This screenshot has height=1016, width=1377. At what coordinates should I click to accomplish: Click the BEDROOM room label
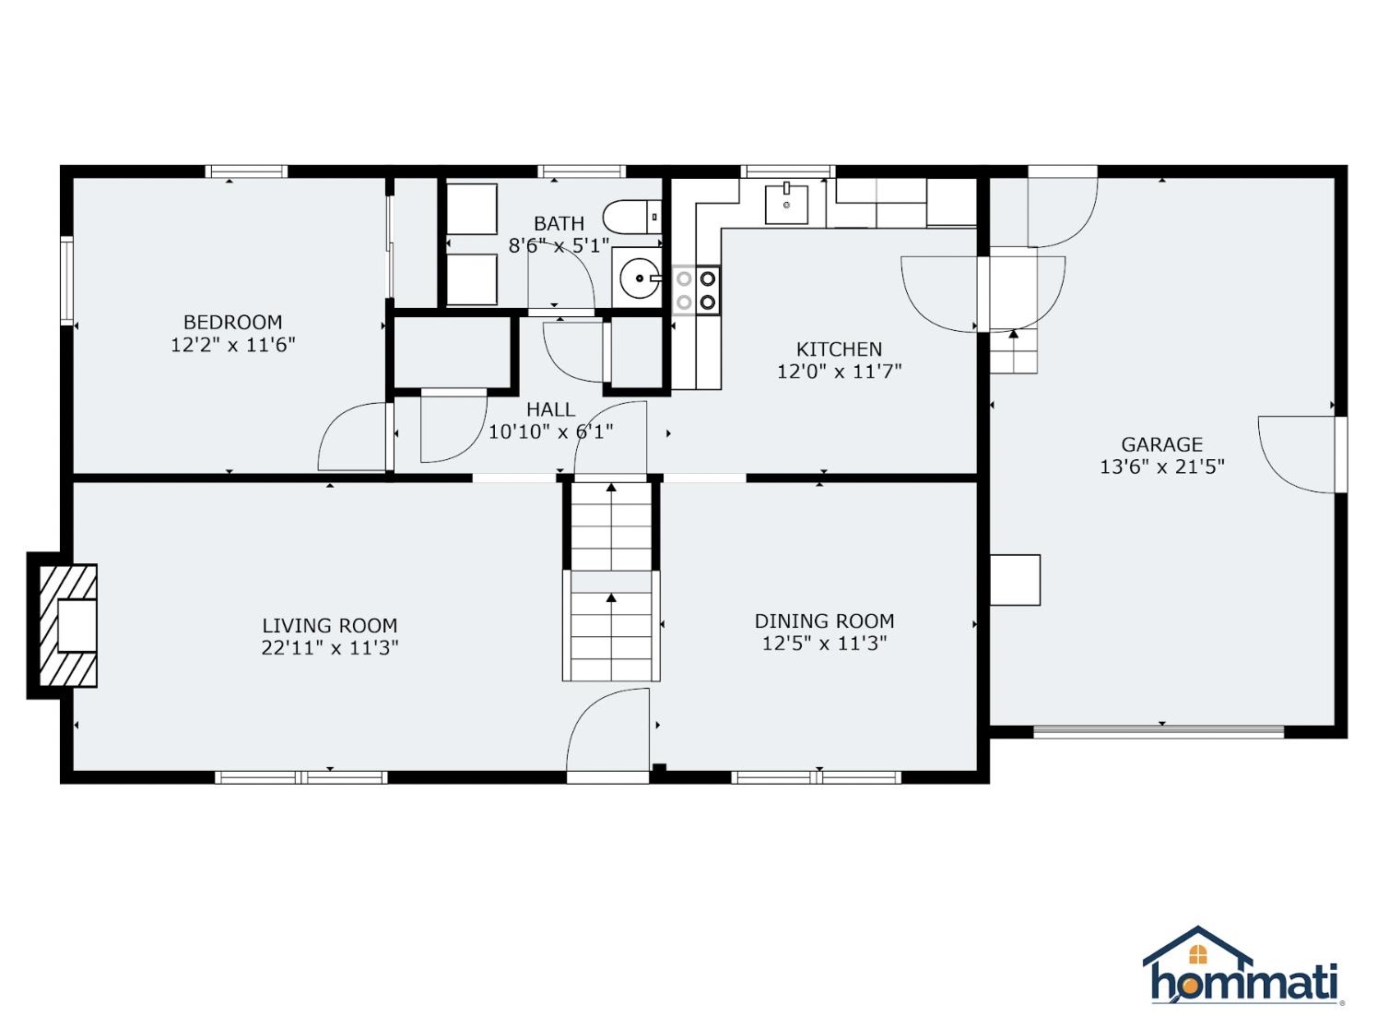coord(232,322)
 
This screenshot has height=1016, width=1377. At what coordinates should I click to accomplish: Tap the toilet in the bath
coord(632,217)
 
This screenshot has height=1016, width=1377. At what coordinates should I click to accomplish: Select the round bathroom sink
coord(640,278)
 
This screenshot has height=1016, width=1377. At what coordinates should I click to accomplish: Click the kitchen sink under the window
coord(786,204)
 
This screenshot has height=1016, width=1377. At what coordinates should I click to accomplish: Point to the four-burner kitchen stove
coord(696,290)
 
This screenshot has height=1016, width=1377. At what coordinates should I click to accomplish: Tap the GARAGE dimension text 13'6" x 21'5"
coord(1162,467)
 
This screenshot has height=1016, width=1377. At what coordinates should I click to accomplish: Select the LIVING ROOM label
coord(329,625)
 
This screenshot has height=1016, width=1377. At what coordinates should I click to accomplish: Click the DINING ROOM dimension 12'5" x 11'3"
coord(824,644)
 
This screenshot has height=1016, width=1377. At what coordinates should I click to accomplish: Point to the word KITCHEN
coord(839,349)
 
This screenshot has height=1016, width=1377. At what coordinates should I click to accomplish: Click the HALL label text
coord(550,409)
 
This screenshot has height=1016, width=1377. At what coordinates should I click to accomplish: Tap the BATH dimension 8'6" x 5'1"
coord(559,246)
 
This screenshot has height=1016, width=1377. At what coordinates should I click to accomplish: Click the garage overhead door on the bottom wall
coord(1159,732)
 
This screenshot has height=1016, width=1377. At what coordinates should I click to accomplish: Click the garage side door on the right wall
coord(1340,455)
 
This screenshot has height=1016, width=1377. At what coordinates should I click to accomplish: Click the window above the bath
coord(582,171)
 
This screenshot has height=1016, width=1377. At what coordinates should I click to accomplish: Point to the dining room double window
coord(817,777)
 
